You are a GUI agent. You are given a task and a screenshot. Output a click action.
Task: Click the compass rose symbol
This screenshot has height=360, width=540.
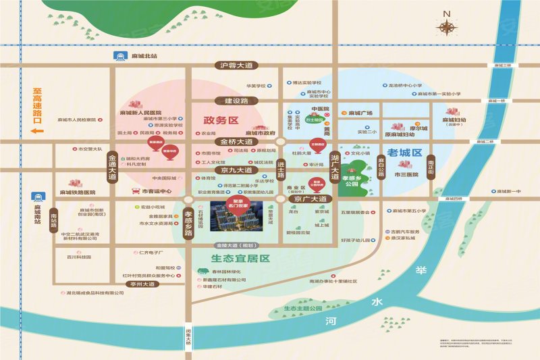(x=446, y=26)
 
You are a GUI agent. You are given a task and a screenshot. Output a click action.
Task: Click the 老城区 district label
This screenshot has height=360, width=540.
(x=404, y=153)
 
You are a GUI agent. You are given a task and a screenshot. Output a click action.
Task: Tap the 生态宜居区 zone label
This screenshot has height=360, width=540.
(x=236, y=259)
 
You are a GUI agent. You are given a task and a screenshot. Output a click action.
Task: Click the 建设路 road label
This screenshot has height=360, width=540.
(x=236, y=100)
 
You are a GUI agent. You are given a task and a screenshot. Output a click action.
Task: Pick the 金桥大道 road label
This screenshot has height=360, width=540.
(x=234, y=142)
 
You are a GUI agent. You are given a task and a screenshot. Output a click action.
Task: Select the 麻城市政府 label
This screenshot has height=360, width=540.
(x=261, y=133)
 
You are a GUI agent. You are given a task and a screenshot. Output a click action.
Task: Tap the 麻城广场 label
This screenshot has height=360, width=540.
(x=360, y=113)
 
